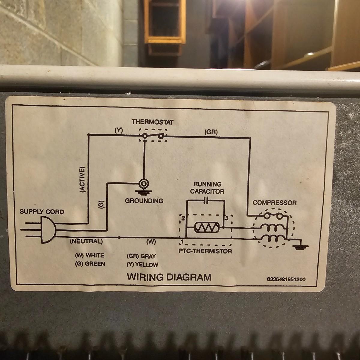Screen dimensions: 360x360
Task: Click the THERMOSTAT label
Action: tap(152, 122)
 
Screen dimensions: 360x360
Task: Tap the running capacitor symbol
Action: tap(206, 201)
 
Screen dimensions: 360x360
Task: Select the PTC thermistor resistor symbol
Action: tap(207, 227)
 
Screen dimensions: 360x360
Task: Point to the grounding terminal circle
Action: tap(144, 184)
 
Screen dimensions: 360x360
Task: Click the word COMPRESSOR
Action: tap(274, 203)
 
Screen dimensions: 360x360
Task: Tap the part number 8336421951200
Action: tap(286, 279)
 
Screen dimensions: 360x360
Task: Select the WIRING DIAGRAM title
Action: tap(169, 277)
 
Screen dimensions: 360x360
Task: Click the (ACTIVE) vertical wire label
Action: tap(82, 179)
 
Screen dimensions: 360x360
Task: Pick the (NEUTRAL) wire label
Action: tap(86, 241)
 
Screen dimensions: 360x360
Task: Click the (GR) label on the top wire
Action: tap(211, 132)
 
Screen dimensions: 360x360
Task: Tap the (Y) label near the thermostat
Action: tap(118, 130)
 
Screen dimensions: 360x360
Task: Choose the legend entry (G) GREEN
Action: tap(90, 264)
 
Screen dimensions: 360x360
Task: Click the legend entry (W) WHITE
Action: tap(89, 255)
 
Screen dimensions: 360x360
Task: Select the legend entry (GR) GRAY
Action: tap(141, 256)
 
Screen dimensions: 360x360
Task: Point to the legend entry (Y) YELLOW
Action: tap(142, 265)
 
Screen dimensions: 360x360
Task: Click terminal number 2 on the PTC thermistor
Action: tap(183, 218)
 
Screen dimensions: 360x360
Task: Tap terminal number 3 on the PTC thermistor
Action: tap(227, 218)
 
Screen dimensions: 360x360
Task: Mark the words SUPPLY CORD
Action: tap(42, 212)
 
